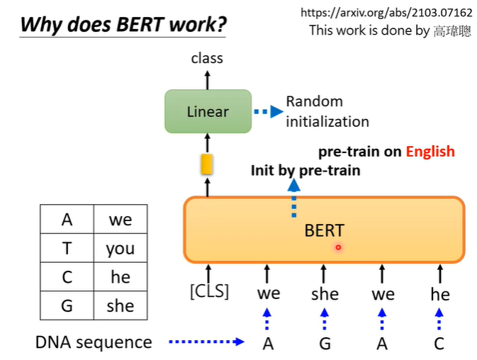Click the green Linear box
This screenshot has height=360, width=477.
[208, 111]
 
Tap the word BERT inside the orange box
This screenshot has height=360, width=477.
[324, 230]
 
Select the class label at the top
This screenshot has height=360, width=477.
[207, 58]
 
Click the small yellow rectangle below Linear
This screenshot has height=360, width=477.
[207, 164]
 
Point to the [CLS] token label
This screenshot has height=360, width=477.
[209, 291]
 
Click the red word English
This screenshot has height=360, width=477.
[430, 152]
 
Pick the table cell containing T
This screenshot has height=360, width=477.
[67, 248]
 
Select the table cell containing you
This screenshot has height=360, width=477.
[120, 248]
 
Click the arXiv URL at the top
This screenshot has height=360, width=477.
[386, 13]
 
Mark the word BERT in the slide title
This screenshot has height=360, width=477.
[137, 26]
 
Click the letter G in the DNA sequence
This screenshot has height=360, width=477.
[325, 344]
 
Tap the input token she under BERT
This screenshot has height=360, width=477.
[325, 293]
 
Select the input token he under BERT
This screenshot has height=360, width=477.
[440, 293]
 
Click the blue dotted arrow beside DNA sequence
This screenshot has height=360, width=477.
[206, 342]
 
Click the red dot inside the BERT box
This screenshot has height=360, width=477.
[339, 247]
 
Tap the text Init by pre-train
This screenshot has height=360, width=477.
[305, 170]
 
